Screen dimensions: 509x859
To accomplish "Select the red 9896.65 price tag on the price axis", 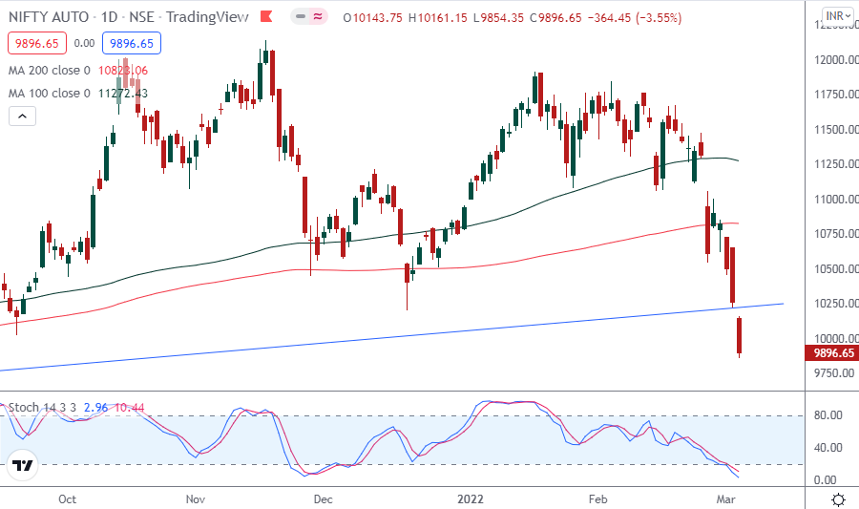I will [833, 353].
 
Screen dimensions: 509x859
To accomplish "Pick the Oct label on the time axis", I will [67, 499].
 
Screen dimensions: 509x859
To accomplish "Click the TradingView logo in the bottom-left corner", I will [23, 466].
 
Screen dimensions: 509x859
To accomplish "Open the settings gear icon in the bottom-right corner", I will [838, 499].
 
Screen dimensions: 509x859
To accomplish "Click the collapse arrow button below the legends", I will [22, 117].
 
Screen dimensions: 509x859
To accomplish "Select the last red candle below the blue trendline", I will [740, 338].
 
